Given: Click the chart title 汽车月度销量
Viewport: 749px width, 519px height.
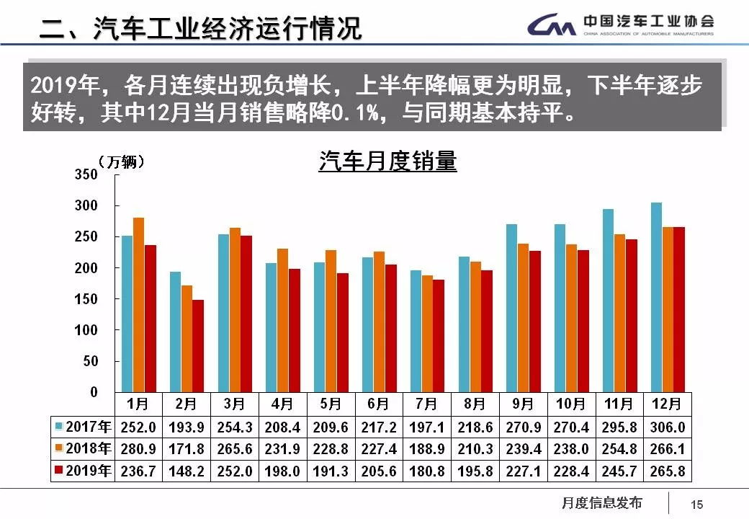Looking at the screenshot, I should (x=387, y=161).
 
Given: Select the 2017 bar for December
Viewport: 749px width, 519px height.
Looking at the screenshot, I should (x=656, y=297).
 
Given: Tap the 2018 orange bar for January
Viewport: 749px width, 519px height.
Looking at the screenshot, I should (x=138, y=304).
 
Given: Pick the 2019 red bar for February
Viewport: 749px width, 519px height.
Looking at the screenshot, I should (x=198, y=345).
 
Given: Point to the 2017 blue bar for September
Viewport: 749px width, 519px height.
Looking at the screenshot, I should (x=511, y=308).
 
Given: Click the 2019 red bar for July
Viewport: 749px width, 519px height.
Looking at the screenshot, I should (x=439, y=335).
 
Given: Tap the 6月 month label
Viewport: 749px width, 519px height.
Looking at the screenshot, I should (x=378, y=404).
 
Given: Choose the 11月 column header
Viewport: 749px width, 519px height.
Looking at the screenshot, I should (x=619, y=404).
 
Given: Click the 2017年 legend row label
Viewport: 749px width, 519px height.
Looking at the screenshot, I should (x=84, y=427).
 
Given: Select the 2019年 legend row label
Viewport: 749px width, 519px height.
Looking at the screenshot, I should (x=84, y=471).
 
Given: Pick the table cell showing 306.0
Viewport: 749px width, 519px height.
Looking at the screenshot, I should (x=667, y=427).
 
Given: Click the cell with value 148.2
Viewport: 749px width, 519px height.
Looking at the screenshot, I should (x=186, y=471).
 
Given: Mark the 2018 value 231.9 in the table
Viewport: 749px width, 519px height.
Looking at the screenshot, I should (x=282, y=449).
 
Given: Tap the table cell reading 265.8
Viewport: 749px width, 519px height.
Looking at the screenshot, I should (x=667, y=471).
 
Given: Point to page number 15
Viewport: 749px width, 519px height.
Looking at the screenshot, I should (x=696, y=505).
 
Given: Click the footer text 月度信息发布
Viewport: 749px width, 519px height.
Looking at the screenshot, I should (x=601, y=503).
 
